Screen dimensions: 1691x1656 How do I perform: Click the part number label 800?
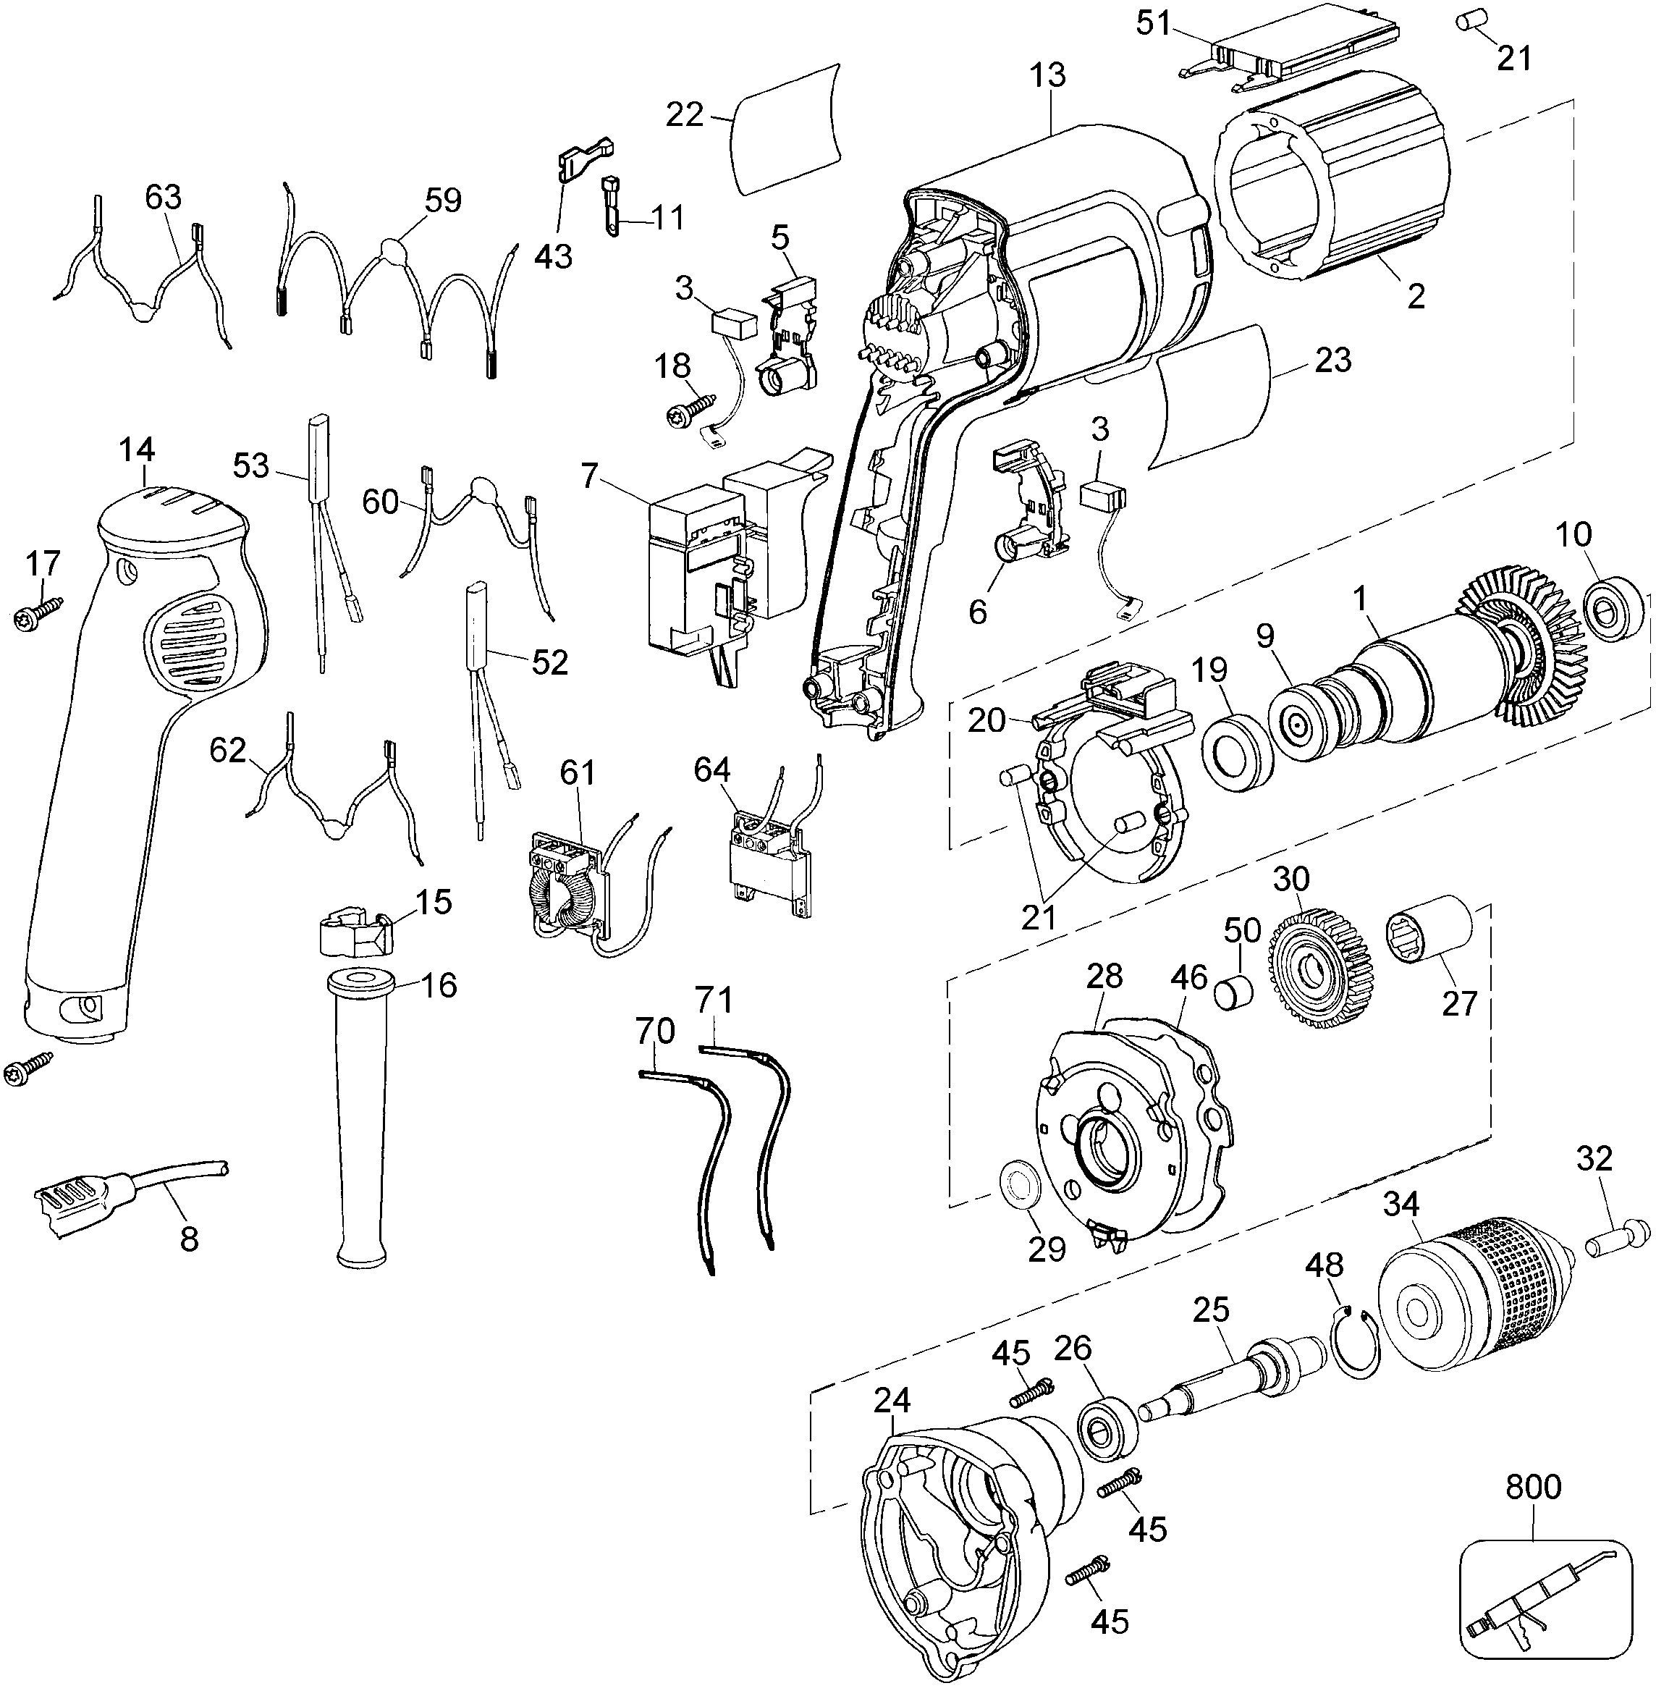point(1534,1487)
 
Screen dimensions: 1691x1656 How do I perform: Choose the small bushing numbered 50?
point(1234,992)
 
